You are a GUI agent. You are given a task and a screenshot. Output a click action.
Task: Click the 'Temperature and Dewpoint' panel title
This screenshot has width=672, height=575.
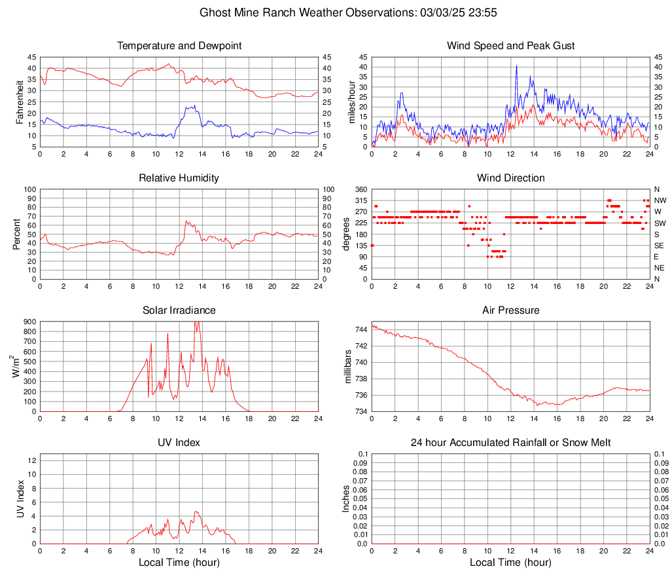179,46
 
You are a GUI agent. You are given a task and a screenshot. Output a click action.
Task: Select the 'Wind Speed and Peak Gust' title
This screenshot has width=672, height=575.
511,46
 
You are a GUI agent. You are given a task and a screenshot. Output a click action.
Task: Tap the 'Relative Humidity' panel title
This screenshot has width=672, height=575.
179,178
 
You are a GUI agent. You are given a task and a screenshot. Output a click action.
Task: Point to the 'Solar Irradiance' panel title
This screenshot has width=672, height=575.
179,310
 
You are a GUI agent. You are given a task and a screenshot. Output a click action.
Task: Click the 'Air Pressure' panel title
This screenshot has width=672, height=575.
511,310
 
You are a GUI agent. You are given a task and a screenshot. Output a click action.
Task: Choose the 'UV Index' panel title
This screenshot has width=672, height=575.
179,443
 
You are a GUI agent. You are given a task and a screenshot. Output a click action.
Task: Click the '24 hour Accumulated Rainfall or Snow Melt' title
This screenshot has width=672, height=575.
511,443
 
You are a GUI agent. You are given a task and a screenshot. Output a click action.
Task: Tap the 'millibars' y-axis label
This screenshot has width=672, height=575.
349,366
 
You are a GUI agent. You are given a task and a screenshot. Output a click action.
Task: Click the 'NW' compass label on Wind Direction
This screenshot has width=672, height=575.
660,200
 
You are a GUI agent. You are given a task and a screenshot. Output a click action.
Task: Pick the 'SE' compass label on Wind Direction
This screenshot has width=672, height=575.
660,246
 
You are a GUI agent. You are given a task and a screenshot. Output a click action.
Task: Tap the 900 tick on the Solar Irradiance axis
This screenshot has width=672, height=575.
28,322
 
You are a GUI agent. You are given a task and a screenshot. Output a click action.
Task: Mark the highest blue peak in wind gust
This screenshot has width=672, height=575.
516,65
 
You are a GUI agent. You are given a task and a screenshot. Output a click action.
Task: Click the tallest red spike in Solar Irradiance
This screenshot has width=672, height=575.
198,322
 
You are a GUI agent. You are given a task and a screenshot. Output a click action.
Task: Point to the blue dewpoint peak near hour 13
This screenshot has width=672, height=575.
193,105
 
